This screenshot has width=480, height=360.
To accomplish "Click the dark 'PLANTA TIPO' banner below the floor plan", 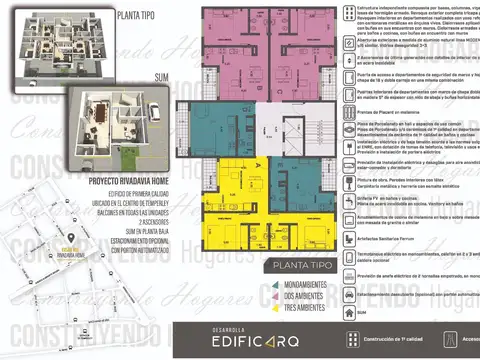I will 298,267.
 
